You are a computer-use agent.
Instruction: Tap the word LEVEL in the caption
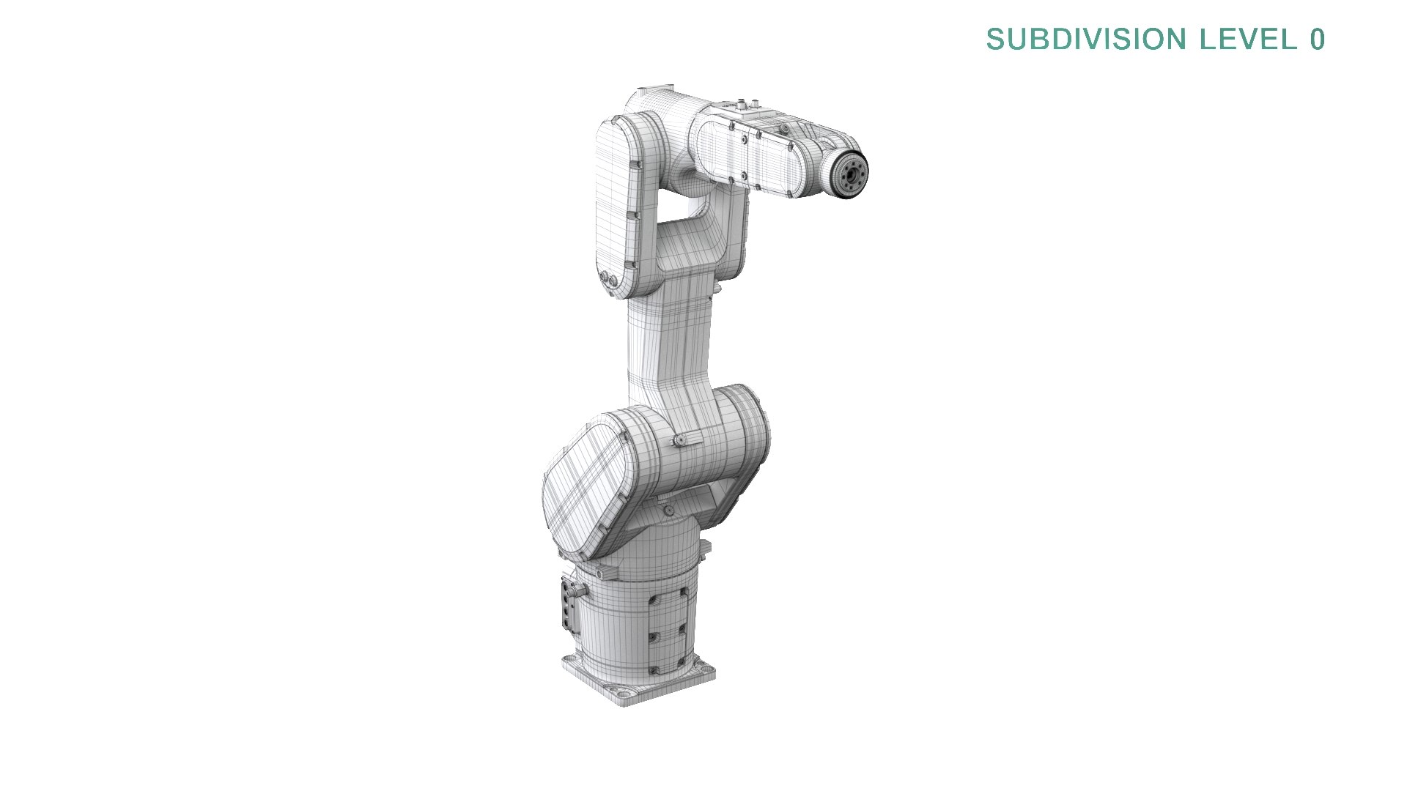pos(1249,40)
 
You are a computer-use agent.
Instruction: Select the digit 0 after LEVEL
pos(1317,40)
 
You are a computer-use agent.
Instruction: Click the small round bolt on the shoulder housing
pos(679,440)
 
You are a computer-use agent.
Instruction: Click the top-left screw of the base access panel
pos(651,598)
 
